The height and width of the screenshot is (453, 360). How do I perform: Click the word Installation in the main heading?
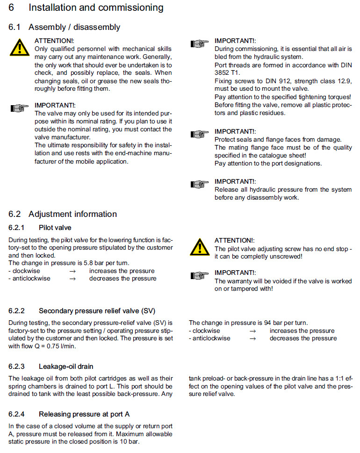pyautogui.click(x=54, y=7)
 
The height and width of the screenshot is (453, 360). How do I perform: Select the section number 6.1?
pyautogui.click(x=14, y=27)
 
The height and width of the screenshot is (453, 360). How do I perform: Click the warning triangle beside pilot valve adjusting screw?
pyautogui.click(x=200, y=247)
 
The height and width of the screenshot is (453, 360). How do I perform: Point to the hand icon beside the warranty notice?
pyautogui.click(x=200, y=276)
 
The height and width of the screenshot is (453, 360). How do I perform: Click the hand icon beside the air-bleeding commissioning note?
pyautogui.click(x=200, y=44)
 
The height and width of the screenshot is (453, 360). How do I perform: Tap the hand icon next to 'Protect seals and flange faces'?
pyautogui.click(x=200, y=135)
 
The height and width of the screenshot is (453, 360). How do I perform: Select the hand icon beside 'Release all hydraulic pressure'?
pyautogui.click(x=200, y=184)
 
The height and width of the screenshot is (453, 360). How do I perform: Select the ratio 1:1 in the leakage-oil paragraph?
pyautogui.click(x=333, y=379)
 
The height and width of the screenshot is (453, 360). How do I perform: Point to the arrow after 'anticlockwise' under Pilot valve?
pyautogui.click(x=72, y=279)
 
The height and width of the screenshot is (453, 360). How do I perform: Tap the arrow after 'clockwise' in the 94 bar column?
pyautogui.click(x=252, y=331)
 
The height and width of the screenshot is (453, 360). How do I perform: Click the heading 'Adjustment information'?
pyautogui.click(x=72, y=214)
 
